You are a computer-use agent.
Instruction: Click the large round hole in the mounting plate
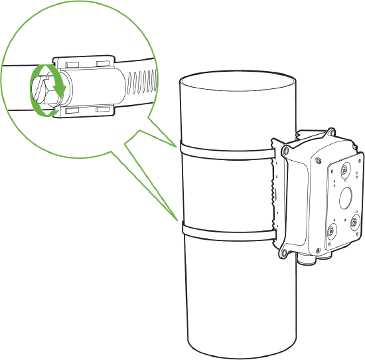pos(346,198)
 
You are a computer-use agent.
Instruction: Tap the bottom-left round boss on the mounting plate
pos(330,232)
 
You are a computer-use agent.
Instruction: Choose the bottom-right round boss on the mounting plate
pos(355,221)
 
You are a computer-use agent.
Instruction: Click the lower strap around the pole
pos(226,230)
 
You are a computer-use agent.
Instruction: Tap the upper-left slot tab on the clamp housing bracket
pos(70,62)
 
